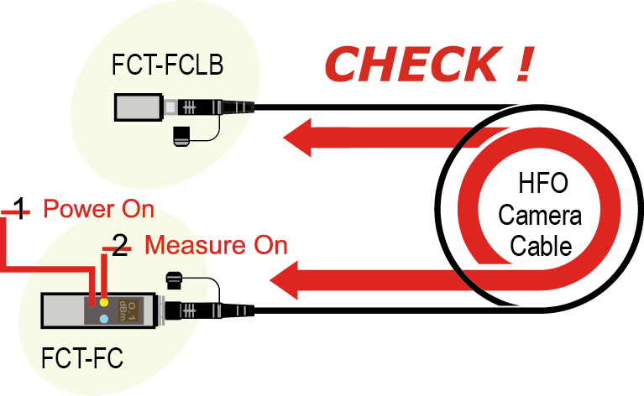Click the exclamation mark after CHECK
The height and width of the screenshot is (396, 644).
click(x=521, y=64)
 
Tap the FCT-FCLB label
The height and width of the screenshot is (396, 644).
click(x=166, y=65)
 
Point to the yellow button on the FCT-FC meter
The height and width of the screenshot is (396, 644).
click(x=103, y=301)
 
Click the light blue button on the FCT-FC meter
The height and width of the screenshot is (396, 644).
click(x=102, y=320)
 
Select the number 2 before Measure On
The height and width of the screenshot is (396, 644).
click(x=120, y=245)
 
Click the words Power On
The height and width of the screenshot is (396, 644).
click(x=98, y=208)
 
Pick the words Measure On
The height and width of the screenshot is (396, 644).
click(x=216, y=245)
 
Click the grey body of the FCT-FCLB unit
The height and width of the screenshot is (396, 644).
click(x=139, y=107)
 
